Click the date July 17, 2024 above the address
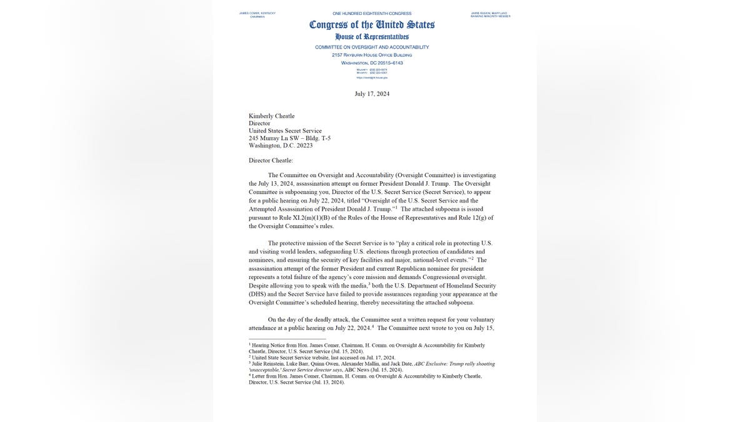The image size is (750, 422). [x=372, y=94]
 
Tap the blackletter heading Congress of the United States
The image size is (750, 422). [x=372, y=25]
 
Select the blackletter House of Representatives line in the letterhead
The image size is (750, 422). [x=372, y=37]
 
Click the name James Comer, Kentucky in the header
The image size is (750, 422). [x=257, y=13]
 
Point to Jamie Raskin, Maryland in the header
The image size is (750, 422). [x=490, y=13]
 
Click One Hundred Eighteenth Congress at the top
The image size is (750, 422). [x=372, y=13]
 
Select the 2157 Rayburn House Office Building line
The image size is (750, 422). [x=372, y=55]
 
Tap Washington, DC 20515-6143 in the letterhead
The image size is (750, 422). [x=372, y=63]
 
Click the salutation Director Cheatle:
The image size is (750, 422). [x=271, y=161]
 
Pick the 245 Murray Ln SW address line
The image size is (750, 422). [x=289, y=138]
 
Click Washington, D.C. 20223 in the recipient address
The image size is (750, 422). [x=281, y=146]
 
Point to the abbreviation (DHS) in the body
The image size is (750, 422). [x=257, y=294]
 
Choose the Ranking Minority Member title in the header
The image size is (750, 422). [x=490, y=17]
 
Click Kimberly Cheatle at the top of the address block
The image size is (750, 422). [x=272, y=116]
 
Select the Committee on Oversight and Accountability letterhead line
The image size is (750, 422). [x=372, y=47]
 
